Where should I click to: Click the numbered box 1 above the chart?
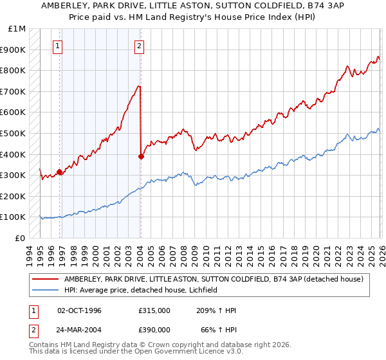(x=59, y=46)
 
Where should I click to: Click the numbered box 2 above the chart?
(x=140, y=46)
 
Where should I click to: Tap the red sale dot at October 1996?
(x=59, y=172)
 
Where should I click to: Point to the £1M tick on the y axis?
(x=17, y=29)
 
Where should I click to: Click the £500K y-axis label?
(x=14, y=133)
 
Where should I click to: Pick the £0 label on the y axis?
(x=21, y=238)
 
